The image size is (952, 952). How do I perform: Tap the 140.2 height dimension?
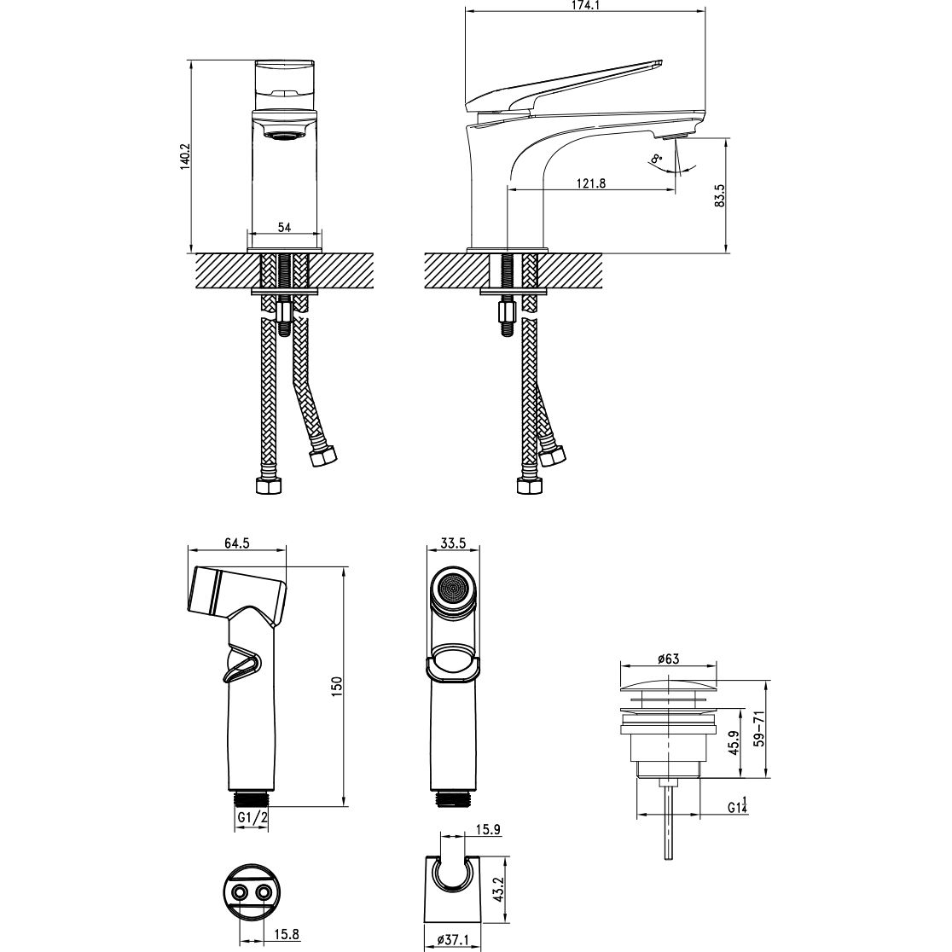(x=185, y=157)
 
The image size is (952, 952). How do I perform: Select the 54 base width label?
(x=284, y=227)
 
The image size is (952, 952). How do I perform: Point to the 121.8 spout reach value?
(x=591, y=183)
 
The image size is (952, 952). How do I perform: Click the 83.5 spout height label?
(x=720, y=196)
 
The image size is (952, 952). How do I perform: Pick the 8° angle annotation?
(x=656, y=160)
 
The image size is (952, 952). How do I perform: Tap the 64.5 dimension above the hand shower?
(x=237, y=543)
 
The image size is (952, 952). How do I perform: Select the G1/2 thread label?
(x=253, y=817)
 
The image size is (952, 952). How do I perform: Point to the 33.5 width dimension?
(x=453, y=543)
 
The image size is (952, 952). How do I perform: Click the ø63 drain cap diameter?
(x=668, y=659)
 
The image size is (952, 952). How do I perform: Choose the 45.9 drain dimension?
(x=734, y=742)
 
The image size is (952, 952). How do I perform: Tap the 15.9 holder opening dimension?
(x=488, y=829)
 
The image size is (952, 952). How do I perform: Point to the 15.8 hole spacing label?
(x=287, y=934)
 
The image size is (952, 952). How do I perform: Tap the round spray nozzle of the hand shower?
(x=453, y=589)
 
